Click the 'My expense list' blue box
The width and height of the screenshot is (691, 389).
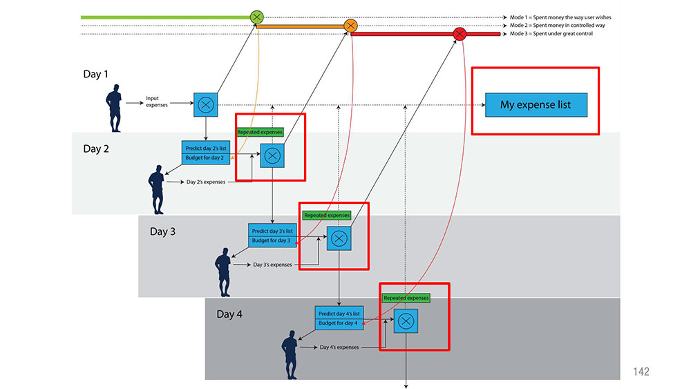pyautogui.click(x=536, y=105)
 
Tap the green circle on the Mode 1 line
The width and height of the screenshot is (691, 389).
pyautogui.click(x=256, y=17)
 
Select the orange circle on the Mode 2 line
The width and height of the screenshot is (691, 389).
pyautogui.click(x=350, y=26)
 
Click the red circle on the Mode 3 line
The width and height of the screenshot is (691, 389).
pyautogui.click(x=460, y=34)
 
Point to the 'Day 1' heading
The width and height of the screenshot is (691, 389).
pyautogui.click(x=95, y=74)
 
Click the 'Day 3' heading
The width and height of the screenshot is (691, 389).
pyautogui.click(x=162, y=231)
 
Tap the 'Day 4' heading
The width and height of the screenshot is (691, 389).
pyautogui.click(x=229, y=314)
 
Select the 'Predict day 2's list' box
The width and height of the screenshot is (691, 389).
pyautogui.click(x=206, y=147)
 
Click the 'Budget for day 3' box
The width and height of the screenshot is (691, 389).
pyautogui.click(x=272, y=241)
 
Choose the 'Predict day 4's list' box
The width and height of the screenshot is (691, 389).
pyautogui.click(x=339, y=312)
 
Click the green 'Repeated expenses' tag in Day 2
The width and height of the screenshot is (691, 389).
pyautogui.click(x=260, y=132)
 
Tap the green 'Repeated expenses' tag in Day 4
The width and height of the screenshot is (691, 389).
pyautogui.click(x=406, y=298)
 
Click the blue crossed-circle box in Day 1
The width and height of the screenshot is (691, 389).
pyautogui.click(x=206, y=105)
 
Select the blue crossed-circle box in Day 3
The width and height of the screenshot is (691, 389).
pyautogui.click(x=339, y=239)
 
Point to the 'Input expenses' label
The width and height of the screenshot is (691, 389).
pyautogui.click(x=156, y=102)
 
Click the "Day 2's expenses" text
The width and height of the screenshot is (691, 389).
pyautogui.click(x=206, y=182)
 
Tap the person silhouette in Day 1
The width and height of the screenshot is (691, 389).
pyautogui.click(x=114, y=108)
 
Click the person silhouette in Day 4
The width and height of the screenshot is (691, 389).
pyautogui.click(x=290, y=354)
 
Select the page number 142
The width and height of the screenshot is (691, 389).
pyautogui.click(x=641, y=372)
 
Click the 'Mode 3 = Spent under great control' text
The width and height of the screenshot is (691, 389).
pyautogui.click(x=551, y=33)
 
